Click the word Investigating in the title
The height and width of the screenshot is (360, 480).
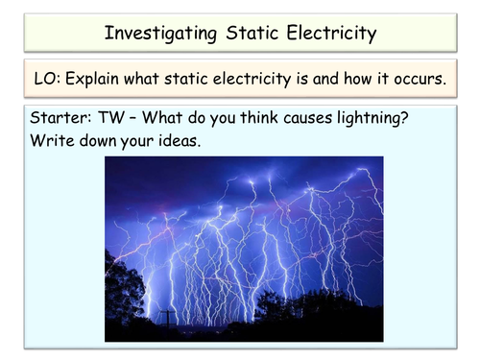tap(161, 34)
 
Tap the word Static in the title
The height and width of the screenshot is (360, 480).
tap(252, 33)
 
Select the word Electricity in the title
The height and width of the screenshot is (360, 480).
tap(331, 34)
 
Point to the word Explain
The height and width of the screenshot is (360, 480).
tap(92, 80)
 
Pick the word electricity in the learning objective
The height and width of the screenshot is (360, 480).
tap(252, 80)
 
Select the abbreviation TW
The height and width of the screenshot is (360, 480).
tap(110, 117)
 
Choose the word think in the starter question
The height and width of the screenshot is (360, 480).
tap(259, 117)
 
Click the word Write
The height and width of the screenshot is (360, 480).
tap(52, 140)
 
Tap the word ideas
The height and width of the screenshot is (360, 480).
tap(180, 140)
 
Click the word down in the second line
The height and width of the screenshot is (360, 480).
tap(98, 140)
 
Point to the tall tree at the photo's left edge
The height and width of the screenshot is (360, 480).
tap(123, 288)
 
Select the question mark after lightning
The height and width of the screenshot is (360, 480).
tap(404, 118)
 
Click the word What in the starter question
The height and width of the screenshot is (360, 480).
tap(162, 117)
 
